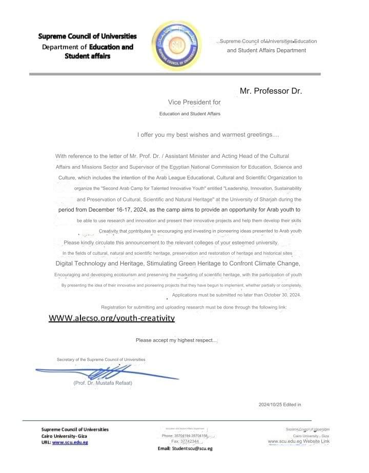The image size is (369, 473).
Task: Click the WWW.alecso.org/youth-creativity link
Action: coord(112,318)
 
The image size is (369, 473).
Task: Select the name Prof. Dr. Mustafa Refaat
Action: coord(102,383)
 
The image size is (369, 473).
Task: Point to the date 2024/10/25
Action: coord(272,405)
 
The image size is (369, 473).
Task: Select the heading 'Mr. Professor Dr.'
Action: coord(271,91)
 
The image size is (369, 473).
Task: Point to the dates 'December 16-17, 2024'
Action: coord(114,210)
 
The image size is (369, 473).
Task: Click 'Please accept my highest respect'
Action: coord(176,340)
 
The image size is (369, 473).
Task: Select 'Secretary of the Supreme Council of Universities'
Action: coord(101,360)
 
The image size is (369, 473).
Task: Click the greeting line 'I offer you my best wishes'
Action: coord(208,135)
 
